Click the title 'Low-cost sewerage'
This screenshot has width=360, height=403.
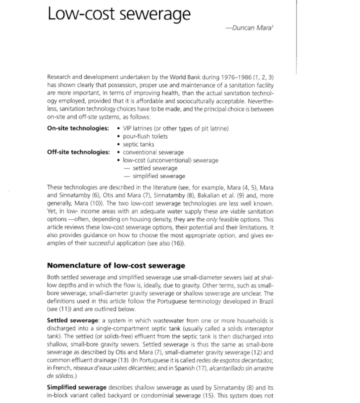[118, 14]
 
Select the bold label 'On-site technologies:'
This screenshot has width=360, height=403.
[77, 128]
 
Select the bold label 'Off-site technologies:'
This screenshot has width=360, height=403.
[78, 152]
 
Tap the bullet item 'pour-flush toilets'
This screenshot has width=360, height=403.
[145, 136]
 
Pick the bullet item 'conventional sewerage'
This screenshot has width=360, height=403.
[153, 152]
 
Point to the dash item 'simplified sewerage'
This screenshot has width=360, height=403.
[158, 176]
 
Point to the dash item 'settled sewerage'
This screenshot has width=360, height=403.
[154, 168]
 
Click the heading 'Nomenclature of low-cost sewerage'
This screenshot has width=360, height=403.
[115, 265]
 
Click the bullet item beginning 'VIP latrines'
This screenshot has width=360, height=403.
[175, 128]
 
